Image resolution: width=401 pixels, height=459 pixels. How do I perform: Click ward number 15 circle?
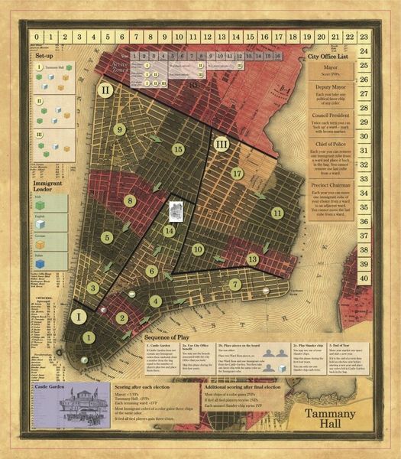coord(178,149)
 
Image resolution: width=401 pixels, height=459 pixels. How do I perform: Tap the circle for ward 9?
coord(119,130)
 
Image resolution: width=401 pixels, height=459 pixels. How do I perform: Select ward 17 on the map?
coord(238,174)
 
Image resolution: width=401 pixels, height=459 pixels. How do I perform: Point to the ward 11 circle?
coord(276,212)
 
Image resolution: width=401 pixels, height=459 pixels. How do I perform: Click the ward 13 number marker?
coord(253,260)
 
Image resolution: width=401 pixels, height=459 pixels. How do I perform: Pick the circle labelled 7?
coord(235,284)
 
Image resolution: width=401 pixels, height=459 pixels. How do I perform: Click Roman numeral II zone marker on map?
coord(106,90)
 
